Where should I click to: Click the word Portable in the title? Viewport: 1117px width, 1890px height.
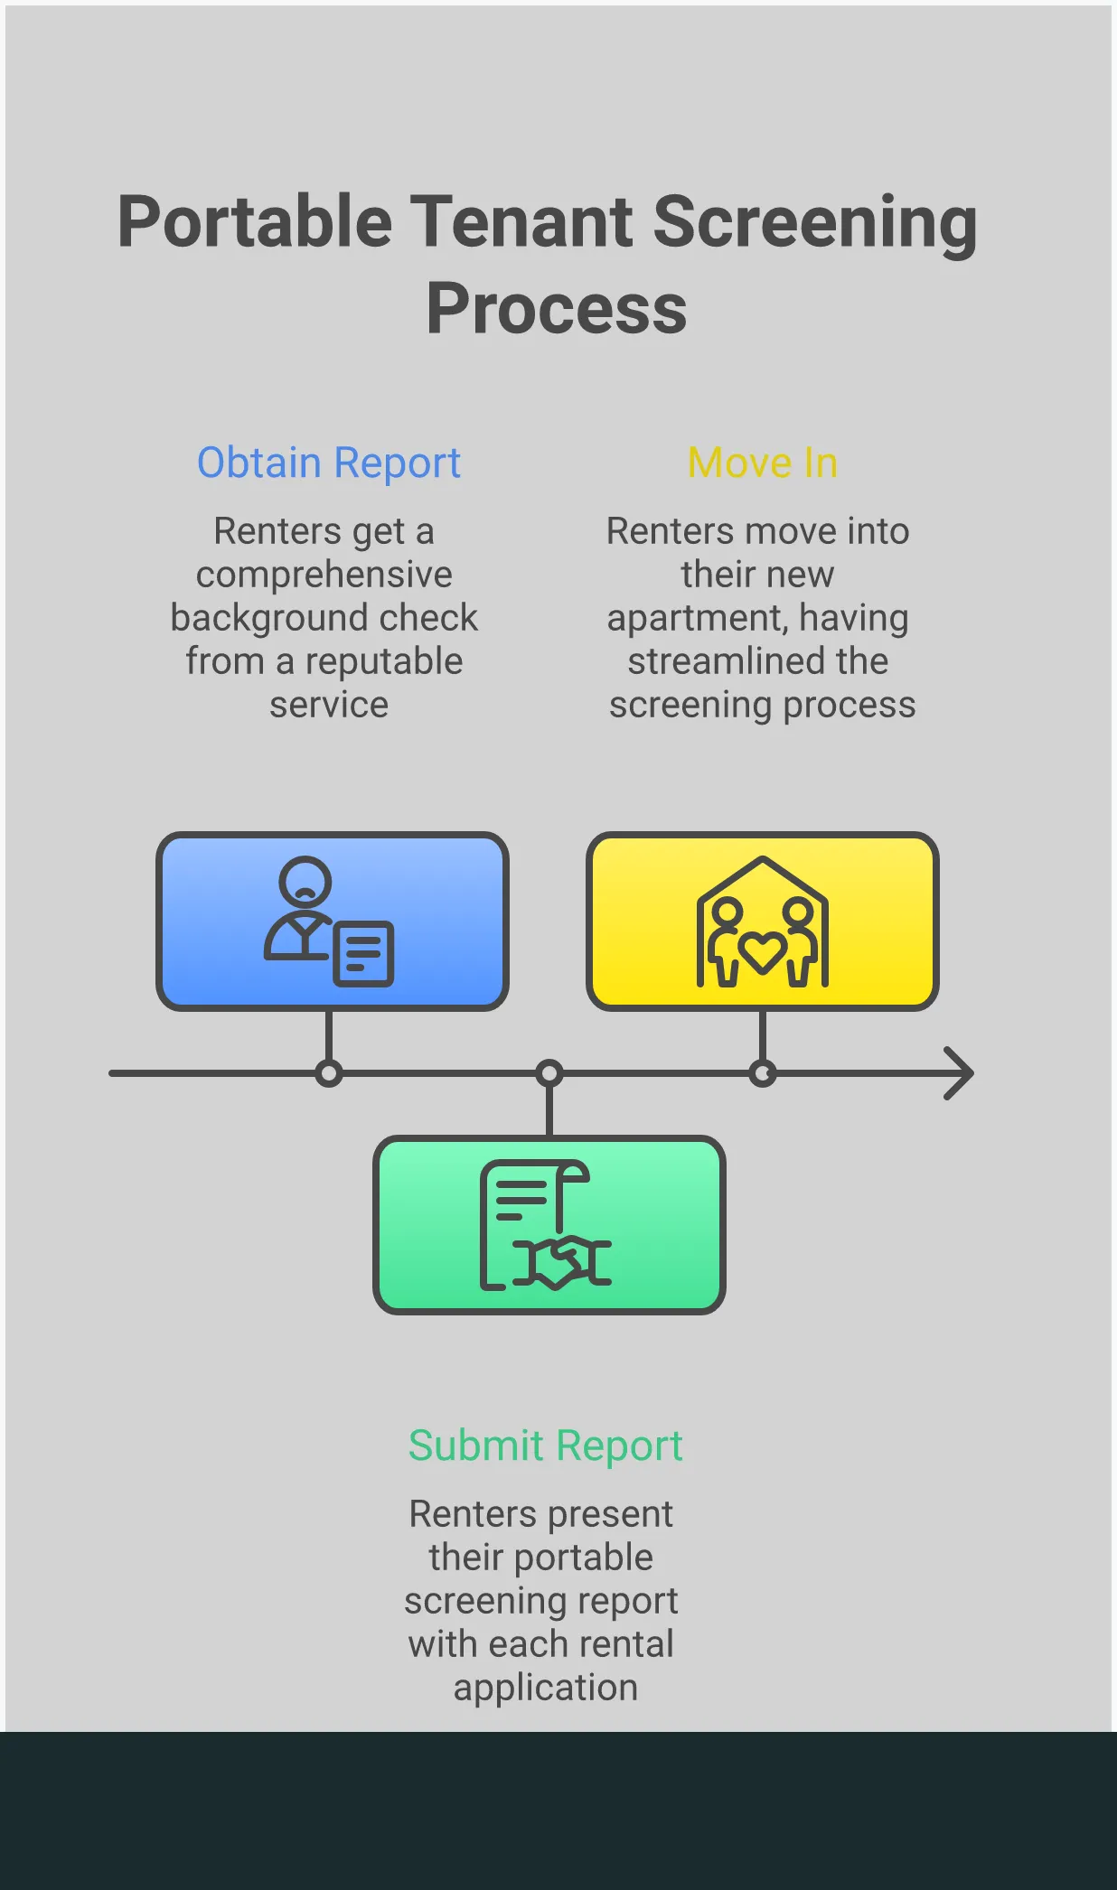tap(255, 223)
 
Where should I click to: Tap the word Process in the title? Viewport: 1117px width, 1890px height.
tap(557, 309)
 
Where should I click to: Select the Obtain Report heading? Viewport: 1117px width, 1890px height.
tap(329, 463)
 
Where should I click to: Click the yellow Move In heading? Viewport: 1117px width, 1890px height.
tap(763, 463)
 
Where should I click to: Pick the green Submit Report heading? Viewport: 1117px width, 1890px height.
tap(545, 1445)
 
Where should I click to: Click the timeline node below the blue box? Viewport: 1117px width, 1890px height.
tap(329, 1073)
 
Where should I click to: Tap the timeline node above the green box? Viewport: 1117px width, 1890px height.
tap(549, 1073)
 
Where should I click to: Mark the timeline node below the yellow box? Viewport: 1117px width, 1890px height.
tap(763, 1073)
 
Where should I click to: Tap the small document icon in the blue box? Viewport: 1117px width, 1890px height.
tap(364, 953)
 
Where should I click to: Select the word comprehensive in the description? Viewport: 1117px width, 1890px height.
tap(324, 575)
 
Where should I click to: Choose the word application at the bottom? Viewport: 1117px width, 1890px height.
tap(546, 1688)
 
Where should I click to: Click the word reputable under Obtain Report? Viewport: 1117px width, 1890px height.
tap(384, 661)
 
